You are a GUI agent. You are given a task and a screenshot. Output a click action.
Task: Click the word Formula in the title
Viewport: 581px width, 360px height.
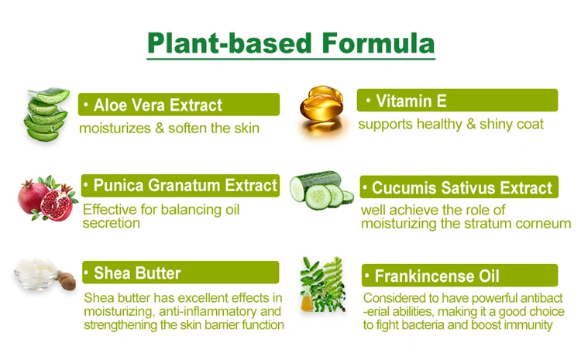(377, 43)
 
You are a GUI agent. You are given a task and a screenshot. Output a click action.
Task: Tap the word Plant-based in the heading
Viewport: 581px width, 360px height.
(230, 43)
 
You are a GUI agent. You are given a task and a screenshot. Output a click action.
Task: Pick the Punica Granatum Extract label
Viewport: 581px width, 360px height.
(180, 185)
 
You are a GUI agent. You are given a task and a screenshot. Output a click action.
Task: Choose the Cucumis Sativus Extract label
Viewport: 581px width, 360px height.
(459, 187)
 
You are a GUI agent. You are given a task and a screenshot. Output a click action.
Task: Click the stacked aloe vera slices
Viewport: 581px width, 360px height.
(47, 114)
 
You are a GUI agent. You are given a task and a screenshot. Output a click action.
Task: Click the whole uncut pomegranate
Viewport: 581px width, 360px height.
(32, 197)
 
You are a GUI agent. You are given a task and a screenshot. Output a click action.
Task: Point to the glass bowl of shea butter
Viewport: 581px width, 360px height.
(36, 274)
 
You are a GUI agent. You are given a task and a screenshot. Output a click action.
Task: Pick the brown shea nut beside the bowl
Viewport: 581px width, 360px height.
(67, 281)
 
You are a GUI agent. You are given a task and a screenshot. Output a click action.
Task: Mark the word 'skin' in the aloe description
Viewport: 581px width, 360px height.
(246, 129)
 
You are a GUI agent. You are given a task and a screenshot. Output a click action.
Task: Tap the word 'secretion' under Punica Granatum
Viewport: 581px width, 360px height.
(112, 223)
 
